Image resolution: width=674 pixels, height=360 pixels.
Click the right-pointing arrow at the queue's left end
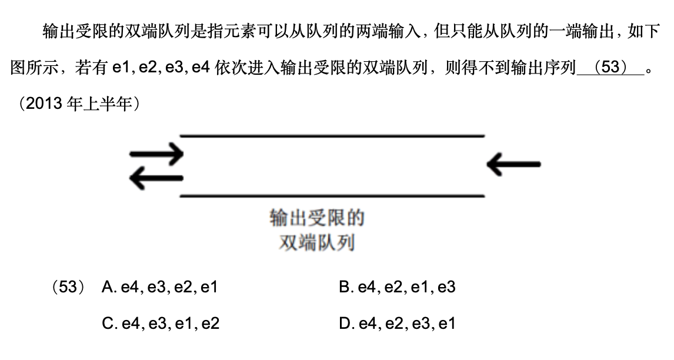pyautogui.click(x=156, y=154)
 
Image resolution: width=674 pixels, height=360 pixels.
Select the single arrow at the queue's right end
pyautogui.click(x=513, y=164)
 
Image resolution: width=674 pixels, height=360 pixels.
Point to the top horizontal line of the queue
pyautogui.click(x=332, y=136)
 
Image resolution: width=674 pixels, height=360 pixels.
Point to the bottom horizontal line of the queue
pyautogui.click(x=332, y=196)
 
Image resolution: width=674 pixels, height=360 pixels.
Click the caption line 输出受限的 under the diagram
pyautogui.click(x=317, y=218)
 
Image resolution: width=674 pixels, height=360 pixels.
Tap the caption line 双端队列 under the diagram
pyautogui.click(x=317, y=242)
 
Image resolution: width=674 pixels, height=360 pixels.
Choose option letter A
pyautogui.click(x=108, y=288)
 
